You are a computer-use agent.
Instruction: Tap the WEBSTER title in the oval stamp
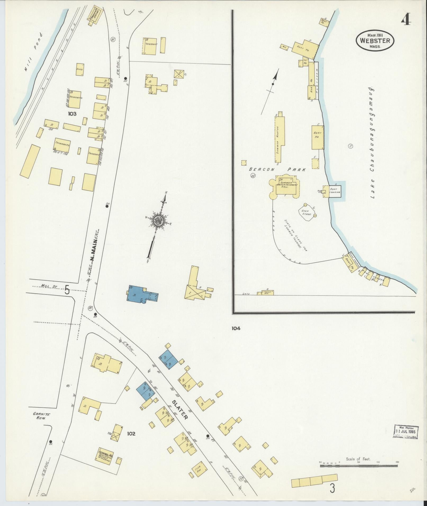tap(375, 41)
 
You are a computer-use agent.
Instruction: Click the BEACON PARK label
tap(277, 170)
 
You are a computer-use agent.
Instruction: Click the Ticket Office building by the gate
tap(267, 292)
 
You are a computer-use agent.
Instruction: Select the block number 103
tap(72, 114)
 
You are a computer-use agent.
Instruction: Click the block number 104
tap(236, 328)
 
